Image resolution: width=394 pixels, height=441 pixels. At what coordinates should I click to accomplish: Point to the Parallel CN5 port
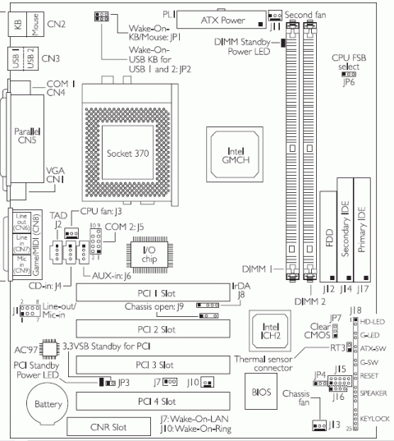pos(22,136)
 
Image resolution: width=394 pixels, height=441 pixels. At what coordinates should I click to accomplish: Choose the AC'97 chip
pos(48,348)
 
